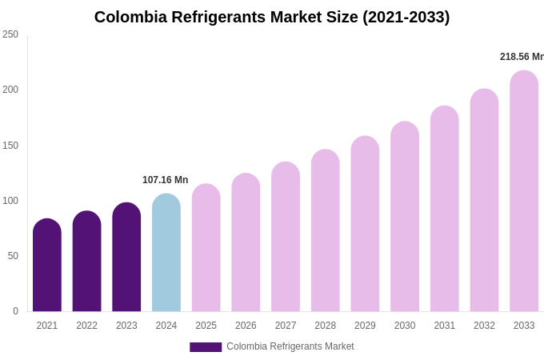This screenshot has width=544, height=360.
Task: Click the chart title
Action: coord(272,17)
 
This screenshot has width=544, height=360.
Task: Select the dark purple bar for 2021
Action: coord(47,266)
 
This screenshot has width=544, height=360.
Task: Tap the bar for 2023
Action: coord(126,258)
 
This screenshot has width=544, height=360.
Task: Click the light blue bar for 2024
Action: coord(166,253)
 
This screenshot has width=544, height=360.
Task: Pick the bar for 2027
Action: coord(286,238)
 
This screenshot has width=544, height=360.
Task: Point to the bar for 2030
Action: coord(405,218)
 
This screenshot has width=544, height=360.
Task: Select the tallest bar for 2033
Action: coord(524,192)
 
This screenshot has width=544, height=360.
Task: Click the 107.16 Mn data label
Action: coord(165,180)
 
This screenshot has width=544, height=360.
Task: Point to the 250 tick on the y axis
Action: coord(10,34)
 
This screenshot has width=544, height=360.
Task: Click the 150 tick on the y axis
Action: coord(10,146)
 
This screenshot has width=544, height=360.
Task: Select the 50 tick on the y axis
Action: coord(13,256)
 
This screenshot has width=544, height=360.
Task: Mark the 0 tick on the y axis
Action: coord(15,311)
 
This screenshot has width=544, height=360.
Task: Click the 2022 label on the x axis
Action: coord(86,326)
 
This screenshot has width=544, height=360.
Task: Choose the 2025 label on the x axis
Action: coord(206,326)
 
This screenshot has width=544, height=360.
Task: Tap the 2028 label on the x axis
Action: coord(326,326)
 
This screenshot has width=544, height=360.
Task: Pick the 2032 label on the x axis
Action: coord(484,326)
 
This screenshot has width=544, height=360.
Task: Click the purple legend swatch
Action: coord(206,347)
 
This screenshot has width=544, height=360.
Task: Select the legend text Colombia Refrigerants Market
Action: coord(290,346)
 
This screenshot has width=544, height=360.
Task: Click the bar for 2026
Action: coord(246,243)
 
